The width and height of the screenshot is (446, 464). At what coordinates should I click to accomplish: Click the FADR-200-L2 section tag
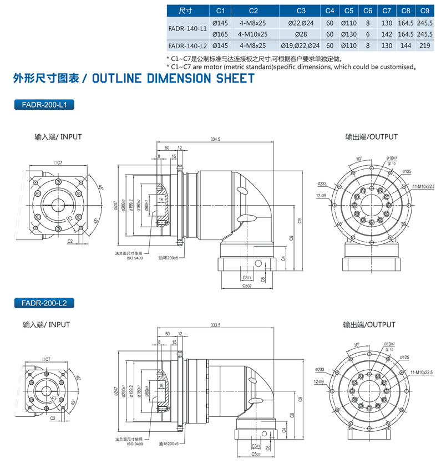43,303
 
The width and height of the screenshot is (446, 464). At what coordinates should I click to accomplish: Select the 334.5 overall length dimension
216,140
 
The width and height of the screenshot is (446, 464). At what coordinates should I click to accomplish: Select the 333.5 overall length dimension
216,325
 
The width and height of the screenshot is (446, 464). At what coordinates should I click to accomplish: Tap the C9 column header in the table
424,11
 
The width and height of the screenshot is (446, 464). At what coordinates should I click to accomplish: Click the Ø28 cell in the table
301,33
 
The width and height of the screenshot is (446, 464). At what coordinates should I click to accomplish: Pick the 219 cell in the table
424,45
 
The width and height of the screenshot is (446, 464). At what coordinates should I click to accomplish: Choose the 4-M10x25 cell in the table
253,33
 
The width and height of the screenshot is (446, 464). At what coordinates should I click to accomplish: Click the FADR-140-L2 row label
187,45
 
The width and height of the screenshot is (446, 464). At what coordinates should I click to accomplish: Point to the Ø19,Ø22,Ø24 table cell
301,45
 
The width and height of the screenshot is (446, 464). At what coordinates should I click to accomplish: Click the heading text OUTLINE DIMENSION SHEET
173,78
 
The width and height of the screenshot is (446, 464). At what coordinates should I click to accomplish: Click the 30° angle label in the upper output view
359,159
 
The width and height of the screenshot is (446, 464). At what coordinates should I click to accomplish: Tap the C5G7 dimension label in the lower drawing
255,453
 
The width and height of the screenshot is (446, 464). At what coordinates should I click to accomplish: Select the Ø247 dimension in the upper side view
115,206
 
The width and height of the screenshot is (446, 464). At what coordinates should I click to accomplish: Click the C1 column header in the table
220,11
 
